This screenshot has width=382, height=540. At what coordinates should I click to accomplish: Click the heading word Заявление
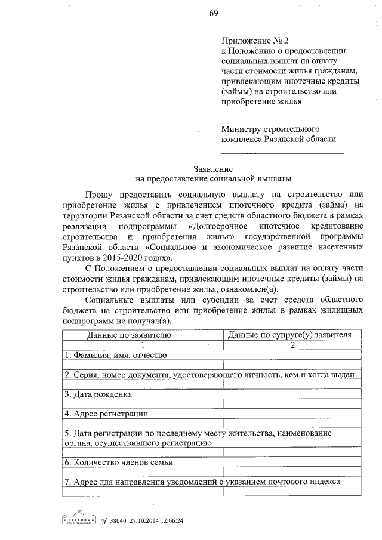point(213,169)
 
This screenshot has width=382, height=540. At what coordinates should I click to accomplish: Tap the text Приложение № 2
point(246,41)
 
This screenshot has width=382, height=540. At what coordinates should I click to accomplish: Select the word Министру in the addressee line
point(241,128)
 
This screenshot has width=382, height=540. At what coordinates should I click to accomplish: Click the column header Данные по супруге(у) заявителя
point(292,336)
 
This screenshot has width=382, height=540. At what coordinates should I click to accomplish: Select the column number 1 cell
point(143,345)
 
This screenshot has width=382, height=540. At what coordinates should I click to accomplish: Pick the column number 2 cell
point(292,345)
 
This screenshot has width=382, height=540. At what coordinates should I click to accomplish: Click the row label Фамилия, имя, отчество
point(116,355)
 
